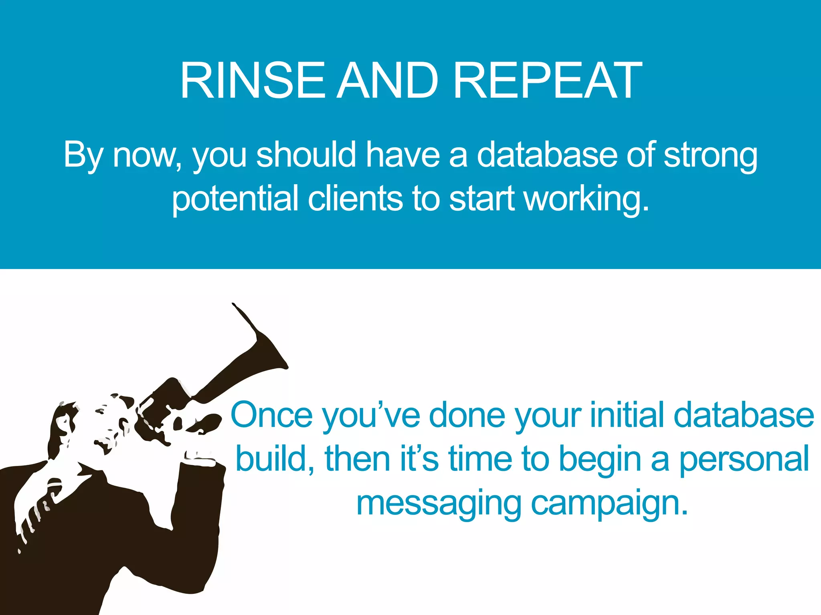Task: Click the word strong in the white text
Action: tap(710, 155)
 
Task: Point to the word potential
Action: tap(235, 199)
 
